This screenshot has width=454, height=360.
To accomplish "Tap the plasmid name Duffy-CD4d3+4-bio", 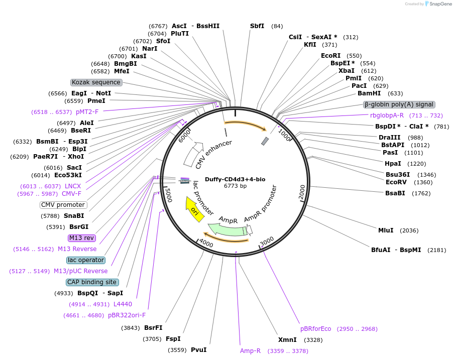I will pyautogui.click(x=235, y=179).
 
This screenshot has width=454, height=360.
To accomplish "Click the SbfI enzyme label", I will pyautogui.click(x=257, y=26).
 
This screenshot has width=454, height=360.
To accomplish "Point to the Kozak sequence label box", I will pyautogui.click(x=96, y=82).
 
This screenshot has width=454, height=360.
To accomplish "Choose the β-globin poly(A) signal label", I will pyautogui.click(x=399, y=104).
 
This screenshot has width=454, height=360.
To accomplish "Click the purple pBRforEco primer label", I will pyautogui.click(x=316, y=329).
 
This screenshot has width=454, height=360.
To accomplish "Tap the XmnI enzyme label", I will pyautogui.click(x=287, y=340).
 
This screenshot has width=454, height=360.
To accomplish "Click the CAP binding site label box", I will pyautogui.click(x=92, y=282).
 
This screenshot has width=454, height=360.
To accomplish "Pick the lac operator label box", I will pyautogui.click(x=86, y=260).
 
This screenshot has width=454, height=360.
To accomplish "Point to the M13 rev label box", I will pyautogui.click(x=81, y=238).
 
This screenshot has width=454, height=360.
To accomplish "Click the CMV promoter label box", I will pyautogui.click(x=63, y=205).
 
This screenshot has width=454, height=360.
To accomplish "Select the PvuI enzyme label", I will pyautogui.click(x=198, y=350).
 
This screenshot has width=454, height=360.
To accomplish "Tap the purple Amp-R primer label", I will pyautogui.click(x=250, y=351).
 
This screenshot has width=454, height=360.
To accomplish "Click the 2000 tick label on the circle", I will pyautogui.click(x=302, y=191).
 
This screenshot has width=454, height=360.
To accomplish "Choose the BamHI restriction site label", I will pyautogui.click(x=369, y=93).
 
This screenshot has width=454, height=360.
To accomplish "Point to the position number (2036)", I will pyautogui.click(x=409, y=230).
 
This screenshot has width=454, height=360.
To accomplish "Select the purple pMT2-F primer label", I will pyautogui.click(x=87, y=112).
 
